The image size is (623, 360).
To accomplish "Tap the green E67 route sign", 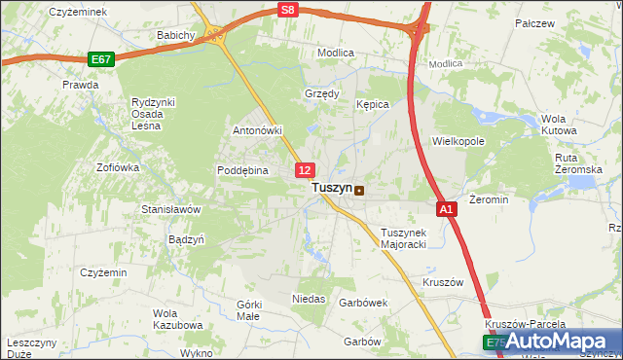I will [101, 59].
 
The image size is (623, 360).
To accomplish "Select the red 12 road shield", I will [305, 170].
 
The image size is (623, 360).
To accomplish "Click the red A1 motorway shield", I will [446, 208].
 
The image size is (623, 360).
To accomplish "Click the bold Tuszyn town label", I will [331, 189].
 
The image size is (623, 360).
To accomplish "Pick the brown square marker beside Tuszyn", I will [360, 191].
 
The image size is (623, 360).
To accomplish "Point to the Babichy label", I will [177, 35].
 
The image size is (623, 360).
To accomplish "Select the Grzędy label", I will [322, 94].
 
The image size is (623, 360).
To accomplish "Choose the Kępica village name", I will [373, 103].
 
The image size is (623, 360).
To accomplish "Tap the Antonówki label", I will [257, 130].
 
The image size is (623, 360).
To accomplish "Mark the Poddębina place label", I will [241, 169].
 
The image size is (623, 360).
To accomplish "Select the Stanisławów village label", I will [170, 209].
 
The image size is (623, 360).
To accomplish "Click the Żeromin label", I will [489, 198].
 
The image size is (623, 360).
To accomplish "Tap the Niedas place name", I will [309, 298].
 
